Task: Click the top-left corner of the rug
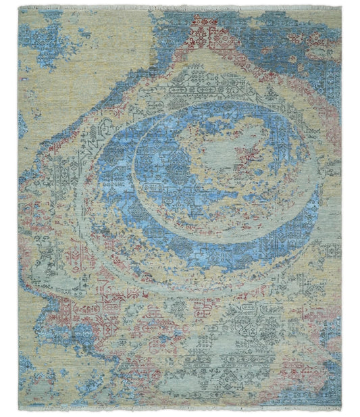(x=19, y=9)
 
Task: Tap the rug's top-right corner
(x=341, y=9)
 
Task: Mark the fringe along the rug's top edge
(x=180, y=7)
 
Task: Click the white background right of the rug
(x=351, y=203)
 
